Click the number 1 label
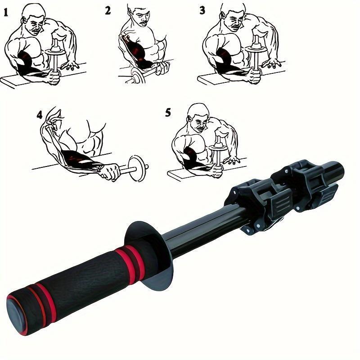(6, 12)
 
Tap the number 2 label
(108, 10)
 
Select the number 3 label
(202, 10)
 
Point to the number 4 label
(40, 116)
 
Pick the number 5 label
(168, 112)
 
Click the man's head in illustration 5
(198, 118)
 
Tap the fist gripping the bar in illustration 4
(109, 171)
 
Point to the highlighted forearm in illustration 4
(81, 160)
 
